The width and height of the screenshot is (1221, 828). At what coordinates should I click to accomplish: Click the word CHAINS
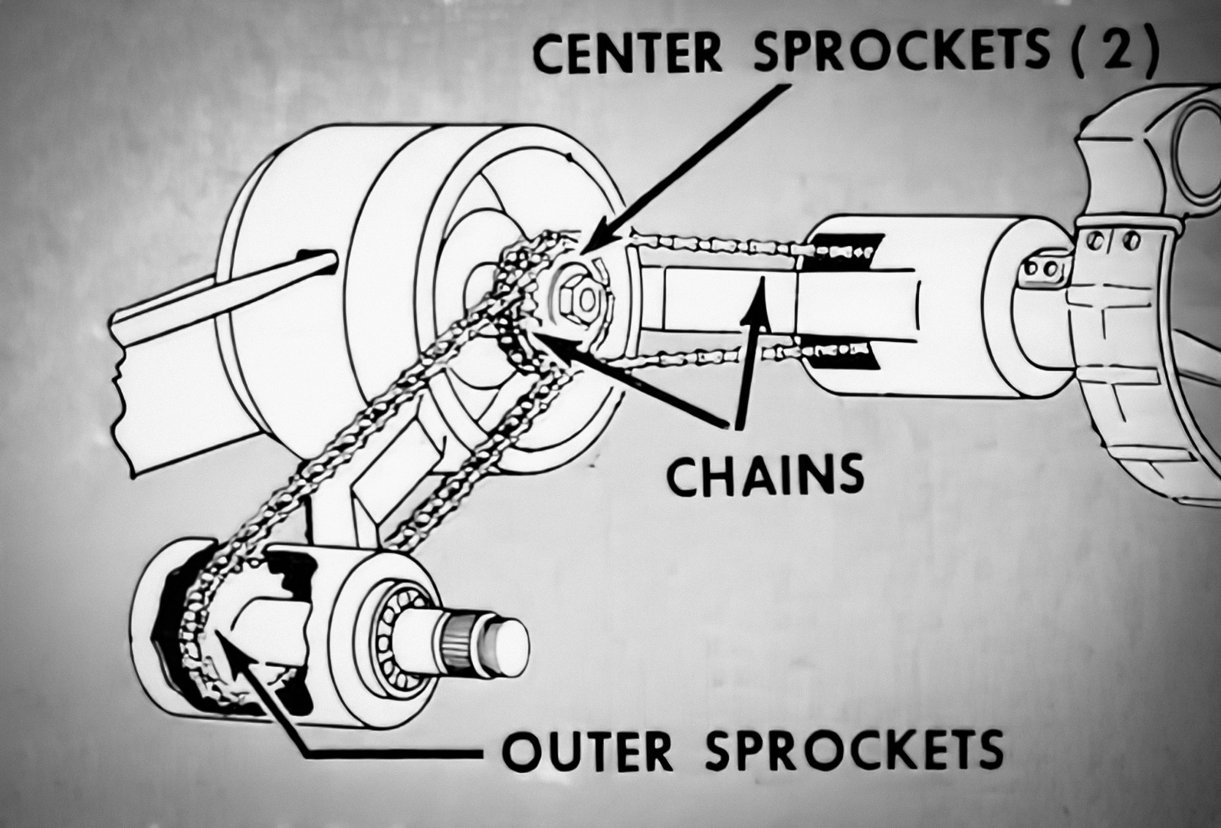(x=765, y=475)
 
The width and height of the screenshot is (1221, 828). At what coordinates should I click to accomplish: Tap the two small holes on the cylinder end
(x=1039, y=271)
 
